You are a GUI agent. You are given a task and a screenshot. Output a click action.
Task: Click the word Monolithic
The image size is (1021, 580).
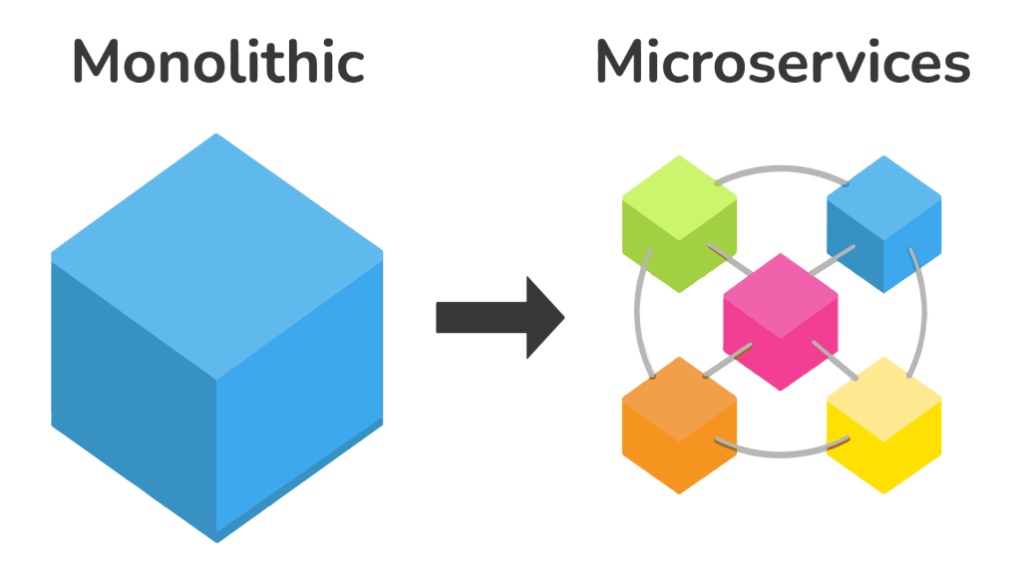coord(218,63)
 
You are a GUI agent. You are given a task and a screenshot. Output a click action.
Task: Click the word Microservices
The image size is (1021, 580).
coord(783,63)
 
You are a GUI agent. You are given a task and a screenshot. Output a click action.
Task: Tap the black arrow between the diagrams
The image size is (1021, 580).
coord(499,317)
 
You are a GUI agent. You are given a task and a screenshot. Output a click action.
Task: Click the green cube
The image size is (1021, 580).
coord(679,224)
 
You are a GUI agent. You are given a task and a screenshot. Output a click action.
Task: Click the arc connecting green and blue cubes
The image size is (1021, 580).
coord(782,168)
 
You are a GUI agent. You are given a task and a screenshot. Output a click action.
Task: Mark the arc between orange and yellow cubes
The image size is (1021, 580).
coord(782,453)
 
